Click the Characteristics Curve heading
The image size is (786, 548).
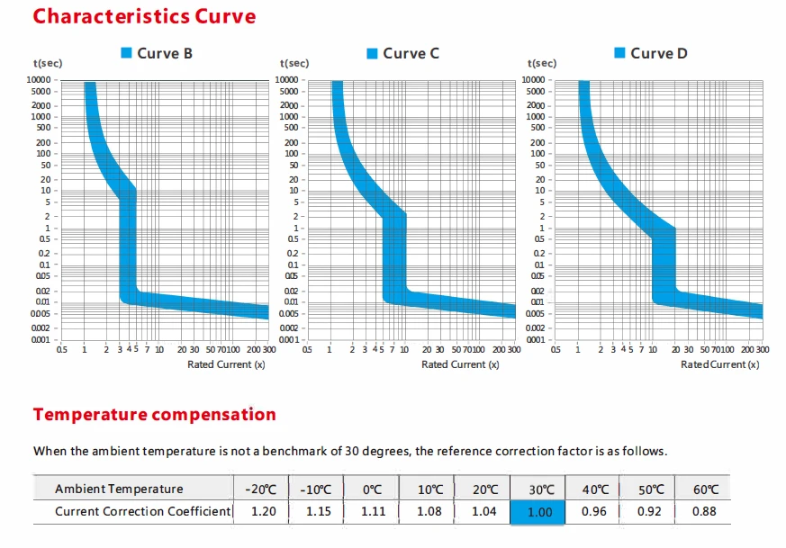point(144,16)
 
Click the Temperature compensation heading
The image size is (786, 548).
point(154,415)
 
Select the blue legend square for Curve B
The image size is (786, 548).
point(127,54)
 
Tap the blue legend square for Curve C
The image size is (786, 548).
point(372,54)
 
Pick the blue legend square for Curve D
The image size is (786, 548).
point(619,54)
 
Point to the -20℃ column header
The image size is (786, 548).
point(261,489)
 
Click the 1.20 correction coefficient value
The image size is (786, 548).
point(261,511)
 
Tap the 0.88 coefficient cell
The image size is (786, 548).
point(705,511)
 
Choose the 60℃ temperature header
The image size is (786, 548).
point(705,489)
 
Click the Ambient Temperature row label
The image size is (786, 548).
point(119,489)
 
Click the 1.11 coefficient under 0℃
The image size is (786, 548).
point(372,511)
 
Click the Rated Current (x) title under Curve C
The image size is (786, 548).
point(460,364)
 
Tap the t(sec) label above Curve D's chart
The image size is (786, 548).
point(542,63)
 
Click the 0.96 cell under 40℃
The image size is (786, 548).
point(594,511)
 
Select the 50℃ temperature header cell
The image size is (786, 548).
point(650,489)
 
